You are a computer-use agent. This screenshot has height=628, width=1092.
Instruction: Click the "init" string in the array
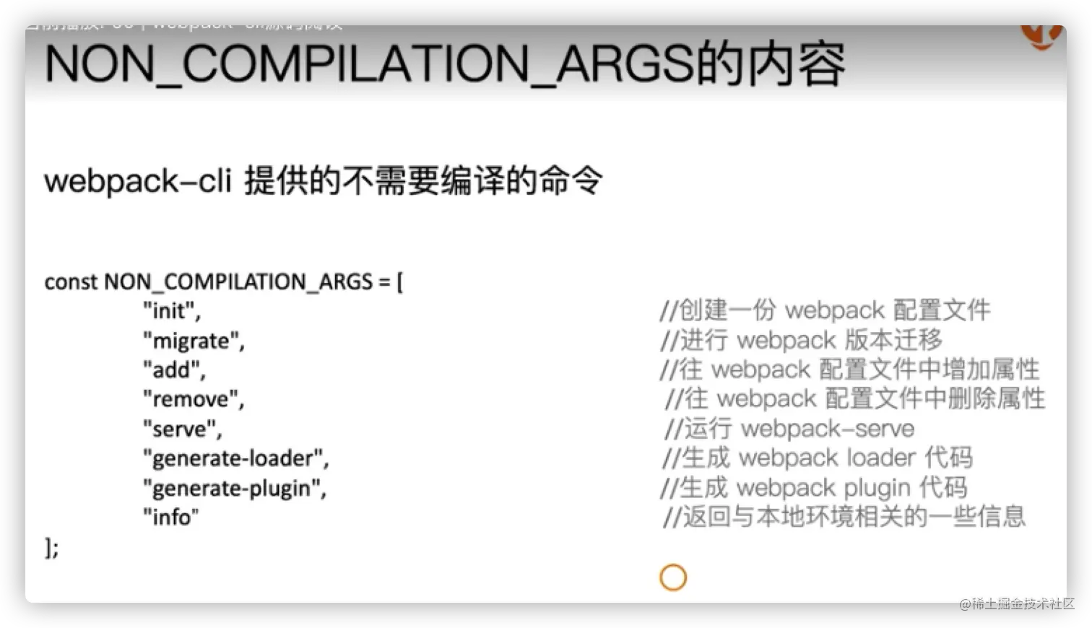tap(171, 311)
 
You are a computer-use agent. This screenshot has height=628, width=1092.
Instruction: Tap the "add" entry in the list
tap(174, 370)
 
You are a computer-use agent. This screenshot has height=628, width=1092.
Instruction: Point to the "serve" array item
tap(182, 429)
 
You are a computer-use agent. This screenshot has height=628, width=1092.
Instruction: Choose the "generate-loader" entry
tap(235, 458)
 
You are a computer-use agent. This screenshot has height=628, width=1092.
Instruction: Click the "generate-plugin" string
tap(234, 488)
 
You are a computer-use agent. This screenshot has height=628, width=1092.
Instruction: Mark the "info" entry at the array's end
tap(170, 517)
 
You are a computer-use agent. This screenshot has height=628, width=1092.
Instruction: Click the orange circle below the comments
tap(672, 577)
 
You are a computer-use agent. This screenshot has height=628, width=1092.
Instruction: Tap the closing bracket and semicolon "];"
tap(52, 548)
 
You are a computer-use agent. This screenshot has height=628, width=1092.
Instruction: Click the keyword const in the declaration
tap(71, 282)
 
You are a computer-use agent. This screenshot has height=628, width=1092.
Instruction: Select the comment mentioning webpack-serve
tap(789, 429)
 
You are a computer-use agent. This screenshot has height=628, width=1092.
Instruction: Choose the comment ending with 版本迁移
tap(802, 340)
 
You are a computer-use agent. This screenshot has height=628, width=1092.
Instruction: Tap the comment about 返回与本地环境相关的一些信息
tap(844, 517)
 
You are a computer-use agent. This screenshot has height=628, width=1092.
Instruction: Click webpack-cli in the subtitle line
tap(137, 180)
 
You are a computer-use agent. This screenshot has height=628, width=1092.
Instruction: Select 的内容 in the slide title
tap(770, 64)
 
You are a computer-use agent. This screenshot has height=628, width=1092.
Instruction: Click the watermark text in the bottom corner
tap(1015, 603)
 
